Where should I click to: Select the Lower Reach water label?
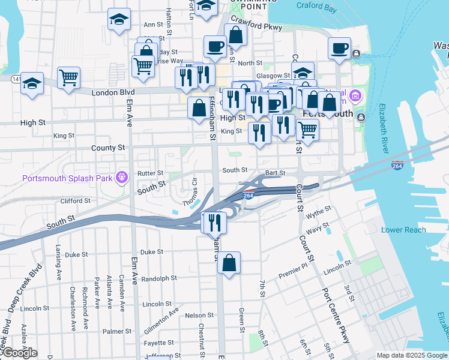click(403, 230)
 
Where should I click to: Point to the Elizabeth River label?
click(382, 128)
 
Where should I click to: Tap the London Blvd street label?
click(113, 92)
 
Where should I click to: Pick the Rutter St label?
click(150, 173)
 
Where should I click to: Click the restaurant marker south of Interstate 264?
click(214, 223)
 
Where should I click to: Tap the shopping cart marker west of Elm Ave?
click(68, 77)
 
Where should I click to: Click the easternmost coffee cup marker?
click(339, 47)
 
